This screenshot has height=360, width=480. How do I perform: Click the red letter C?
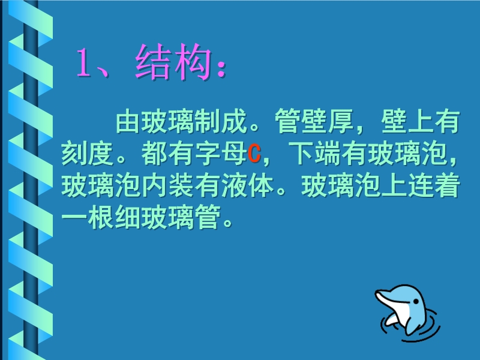coord(254,154)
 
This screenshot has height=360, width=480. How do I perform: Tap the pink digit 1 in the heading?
coord(84,62)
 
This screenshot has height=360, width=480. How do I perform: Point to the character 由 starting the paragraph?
coord(128,121)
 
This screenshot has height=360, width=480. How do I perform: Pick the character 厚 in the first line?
coord(341,121)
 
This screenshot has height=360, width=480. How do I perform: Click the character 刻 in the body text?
coord(74,154)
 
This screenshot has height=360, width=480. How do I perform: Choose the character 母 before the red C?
coord(234,154)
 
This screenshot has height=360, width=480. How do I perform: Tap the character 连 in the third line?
coord(421,186)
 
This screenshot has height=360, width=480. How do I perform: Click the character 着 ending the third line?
coord(448,186)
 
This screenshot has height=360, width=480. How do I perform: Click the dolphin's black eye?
coord(416,302)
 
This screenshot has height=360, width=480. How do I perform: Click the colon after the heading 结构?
coord(221,67)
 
